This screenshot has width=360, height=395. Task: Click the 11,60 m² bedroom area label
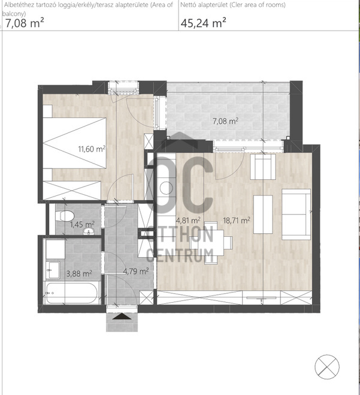coord(92,149)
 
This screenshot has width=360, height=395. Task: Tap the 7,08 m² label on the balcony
coord(225,121)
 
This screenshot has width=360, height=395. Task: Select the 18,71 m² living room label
coord(237,221)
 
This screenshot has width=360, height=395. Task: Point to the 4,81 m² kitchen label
coord(188,221)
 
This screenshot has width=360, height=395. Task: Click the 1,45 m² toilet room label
coord(82,224)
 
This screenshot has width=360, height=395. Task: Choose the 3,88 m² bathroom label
coord(79,273)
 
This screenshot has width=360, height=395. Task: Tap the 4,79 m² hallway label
coord(136,272)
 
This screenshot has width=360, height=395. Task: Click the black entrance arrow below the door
coord(122,316)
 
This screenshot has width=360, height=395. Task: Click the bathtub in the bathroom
coord(71,293)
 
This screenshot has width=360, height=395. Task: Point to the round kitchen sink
coord(167,188)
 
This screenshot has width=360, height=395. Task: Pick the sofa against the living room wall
coord(296,215)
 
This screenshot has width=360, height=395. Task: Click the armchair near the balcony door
coord(263,167)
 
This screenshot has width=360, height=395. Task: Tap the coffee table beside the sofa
coord(263,215)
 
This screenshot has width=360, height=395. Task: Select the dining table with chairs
coord(211,243)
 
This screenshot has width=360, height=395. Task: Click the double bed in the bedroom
coord(74,143)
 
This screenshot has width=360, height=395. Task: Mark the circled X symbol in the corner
coord(327,367)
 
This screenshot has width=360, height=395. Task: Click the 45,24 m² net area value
coord(203,23)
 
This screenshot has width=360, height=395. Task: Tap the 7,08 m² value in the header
coord(25,23)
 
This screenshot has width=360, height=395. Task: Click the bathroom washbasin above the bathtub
coord(53,270)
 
